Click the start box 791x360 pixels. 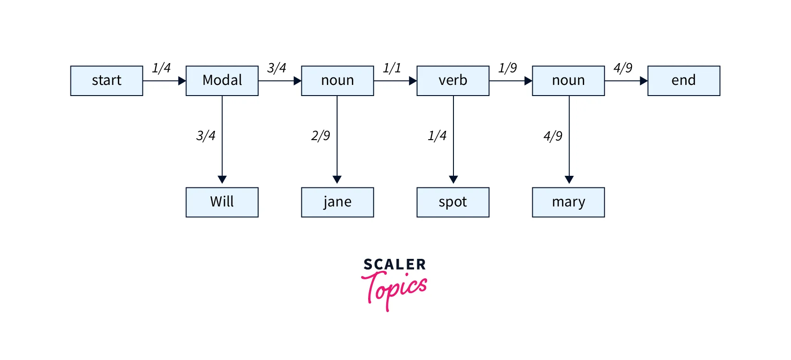click(x=107, y=81)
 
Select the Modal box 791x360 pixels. click(x=222, y=81)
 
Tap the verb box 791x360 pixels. click(x=453, y=81)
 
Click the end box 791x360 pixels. click(x=684, y=81)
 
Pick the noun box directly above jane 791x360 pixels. click(x=338, y=81)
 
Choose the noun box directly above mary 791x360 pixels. click(x=568, y=81)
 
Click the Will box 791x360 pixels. click(x=222, y=202)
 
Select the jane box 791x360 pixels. click(x=338, y=202)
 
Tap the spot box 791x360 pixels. click(x=453, y=202)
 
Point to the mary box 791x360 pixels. click(x=568, y=202)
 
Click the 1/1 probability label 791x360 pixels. click(x=392, y=68)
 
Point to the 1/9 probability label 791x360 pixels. click(x=507, y=68)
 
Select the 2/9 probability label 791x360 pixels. click(x=320, y=136)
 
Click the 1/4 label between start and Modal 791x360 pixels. click(x=161, y=68)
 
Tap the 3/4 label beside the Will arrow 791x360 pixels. click(x=206, y=136)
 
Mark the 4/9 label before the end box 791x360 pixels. click(x=623, y=68)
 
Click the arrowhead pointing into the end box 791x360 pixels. click(x=644, y=81)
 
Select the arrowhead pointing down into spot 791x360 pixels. click(x=453, y=180)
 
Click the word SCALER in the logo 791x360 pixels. click(x=395, y=264)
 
